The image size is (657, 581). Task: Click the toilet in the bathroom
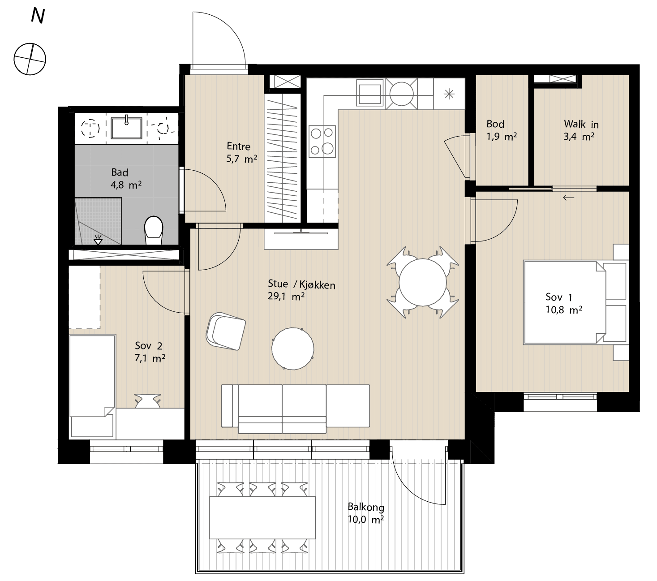(x=153, y=230)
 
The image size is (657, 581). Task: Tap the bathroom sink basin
(x=126, y=128)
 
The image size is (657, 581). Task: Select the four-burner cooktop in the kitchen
(x=322, y=142)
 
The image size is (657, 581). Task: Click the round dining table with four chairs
(x=422, y=282)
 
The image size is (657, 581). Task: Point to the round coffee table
(x=292, y=349)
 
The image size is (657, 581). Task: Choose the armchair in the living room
(x=226, y=331)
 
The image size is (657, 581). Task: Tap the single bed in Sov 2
(x=92, y=386)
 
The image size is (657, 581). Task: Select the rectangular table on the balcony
(x=262, y=518)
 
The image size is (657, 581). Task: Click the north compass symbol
(x=30, y=59)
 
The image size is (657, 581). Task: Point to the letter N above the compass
(x=38, y=16)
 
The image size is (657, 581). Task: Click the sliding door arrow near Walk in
(x=568, y=197)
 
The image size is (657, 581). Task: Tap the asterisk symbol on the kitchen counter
(x=449, y=95)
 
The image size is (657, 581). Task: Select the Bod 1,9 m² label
(x=501, y=130)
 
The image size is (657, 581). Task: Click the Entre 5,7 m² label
(x=241, y=152)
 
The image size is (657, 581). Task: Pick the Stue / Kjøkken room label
(x=301, y=284)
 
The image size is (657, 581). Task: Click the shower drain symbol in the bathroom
(x=98, y=240)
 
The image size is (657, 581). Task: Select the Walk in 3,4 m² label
(x=581, y=130)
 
